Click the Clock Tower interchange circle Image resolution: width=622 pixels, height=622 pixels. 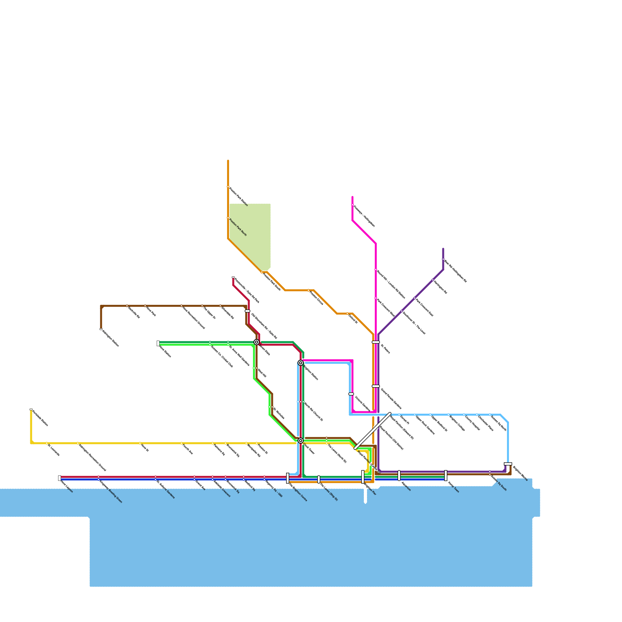(x=301, y=440)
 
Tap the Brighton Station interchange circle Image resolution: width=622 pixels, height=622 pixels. (x=301, y=363)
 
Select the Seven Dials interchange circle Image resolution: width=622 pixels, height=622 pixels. (x=257, y=342)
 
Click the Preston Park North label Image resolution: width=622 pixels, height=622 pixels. (x=238, y=227)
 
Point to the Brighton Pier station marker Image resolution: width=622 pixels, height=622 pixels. (x=363, y=477)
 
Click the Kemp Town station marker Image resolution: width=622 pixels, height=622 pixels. (x=446, y=475)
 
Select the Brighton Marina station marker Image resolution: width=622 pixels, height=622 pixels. (x=508, y=464)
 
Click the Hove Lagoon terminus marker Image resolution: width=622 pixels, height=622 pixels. (x=59, y=478)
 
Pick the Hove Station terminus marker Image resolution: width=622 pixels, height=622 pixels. (x=158, y=343)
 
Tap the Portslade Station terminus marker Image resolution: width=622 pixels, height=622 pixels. (x=31, y=409)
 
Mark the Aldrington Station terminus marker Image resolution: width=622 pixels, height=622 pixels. (x=101, y=329)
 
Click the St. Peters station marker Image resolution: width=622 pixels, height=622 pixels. (x=376, y=342)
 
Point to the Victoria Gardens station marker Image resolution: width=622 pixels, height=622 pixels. (x=351, y=394)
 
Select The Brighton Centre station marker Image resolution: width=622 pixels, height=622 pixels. (x=288, y=478)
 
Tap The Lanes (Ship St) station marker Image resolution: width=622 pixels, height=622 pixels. (x=319, y=479)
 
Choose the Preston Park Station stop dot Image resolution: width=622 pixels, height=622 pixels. (x=228, y=187)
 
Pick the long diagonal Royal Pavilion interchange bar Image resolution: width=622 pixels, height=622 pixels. (x=373, y=431)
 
